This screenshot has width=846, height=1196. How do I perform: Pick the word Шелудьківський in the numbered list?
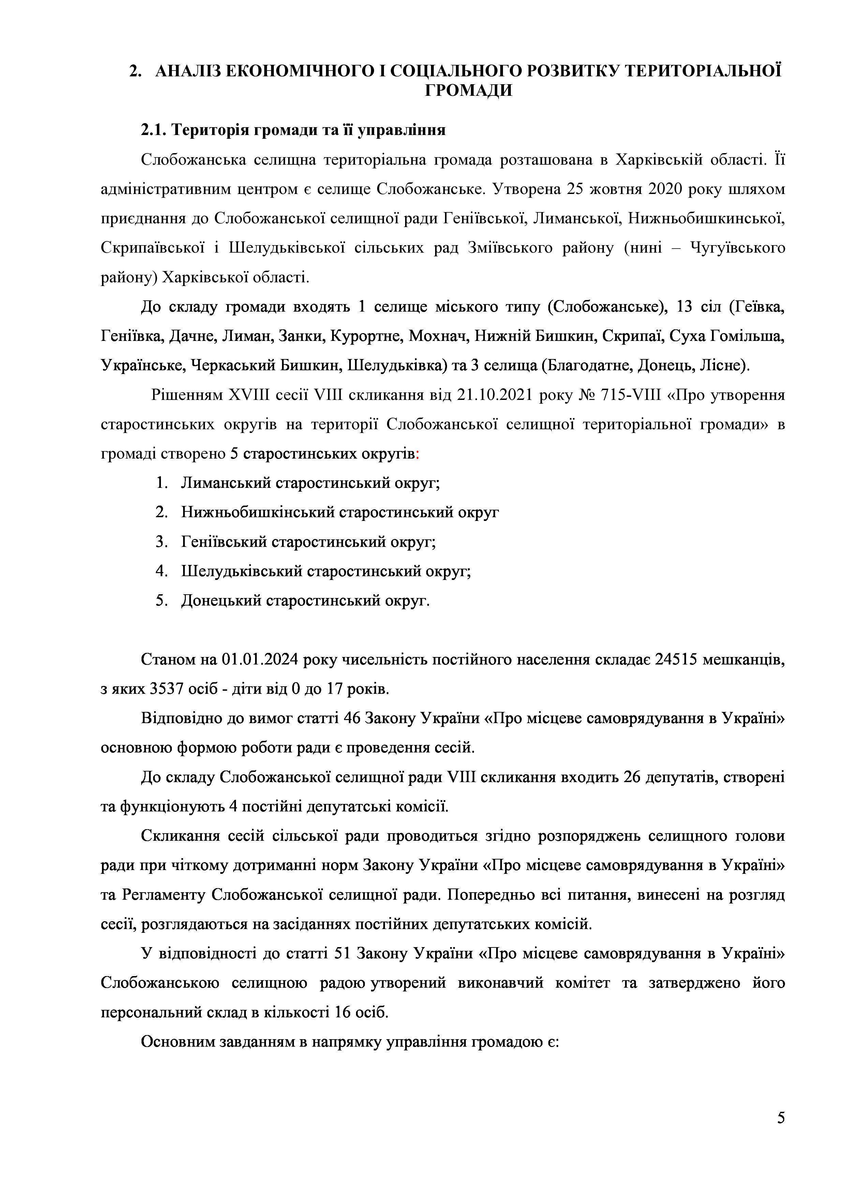pyautogui.click(x=242, y=571)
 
